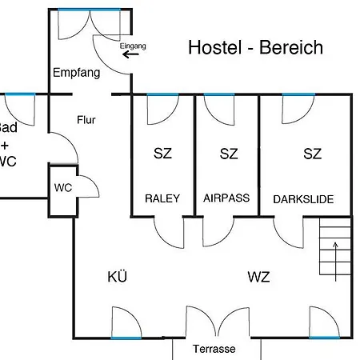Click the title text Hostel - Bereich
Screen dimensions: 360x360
click(x=255, y=47)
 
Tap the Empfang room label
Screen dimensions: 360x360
click(x=76, y=73)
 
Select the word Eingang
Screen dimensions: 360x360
click(x=133, y=46)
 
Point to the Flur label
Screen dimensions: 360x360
click(x=86, y=120)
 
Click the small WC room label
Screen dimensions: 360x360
click(x=63, y=187)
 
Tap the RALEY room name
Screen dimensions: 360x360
click(x=162, y=198)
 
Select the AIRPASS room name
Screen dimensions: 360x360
click(x=228, y=198)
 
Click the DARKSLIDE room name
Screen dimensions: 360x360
click(x=303, y=198)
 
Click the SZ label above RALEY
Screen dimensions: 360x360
click(x=162, y=154)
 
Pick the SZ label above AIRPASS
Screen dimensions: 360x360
click(x=229, y=154)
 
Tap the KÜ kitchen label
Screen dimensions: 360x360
click(x=118, y=277)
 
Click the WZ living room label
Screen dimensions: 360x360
click(x=258, y=277)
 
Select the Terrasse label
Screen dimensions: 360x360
click(x=214, y=350)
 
